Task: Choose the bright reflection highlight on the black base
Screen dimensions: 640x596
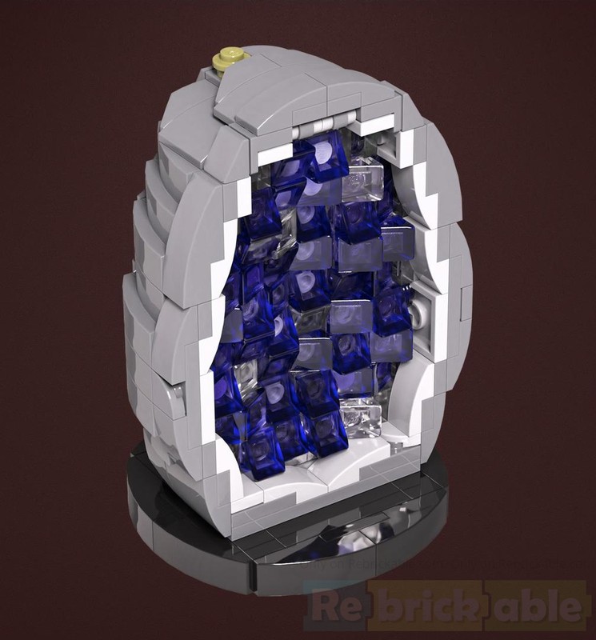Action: [x=336, y=544]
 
